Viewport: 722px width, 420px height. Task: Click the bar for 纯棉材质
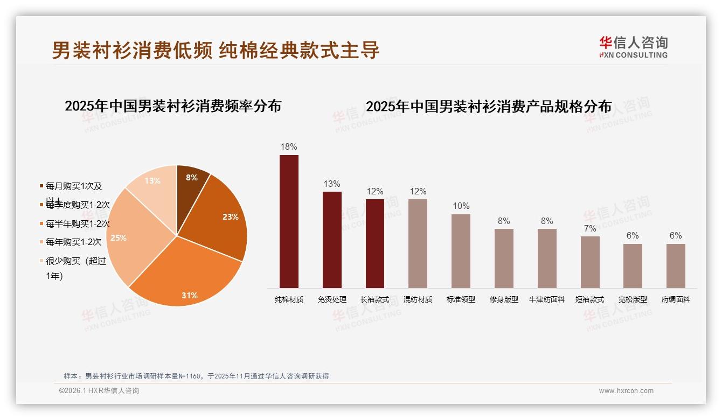289,221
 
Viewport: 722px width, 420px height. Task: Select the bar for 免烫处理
332,240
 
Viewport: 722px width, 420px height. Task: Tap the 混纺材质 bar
418,243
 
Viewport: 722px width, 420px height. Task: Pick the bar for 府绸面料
676,265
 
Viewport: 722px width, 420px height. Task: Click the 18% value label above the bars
289,146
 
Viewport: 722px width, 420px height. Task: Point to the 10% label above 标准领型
461,206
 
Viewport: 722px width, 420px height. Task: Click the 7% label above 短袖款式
590,228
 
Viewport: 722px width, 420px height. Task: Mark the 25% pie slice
127,237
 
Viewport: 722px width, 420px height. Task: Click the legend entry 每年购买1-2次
73,242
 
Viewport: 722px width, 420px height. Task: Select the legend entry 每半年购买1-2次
78,223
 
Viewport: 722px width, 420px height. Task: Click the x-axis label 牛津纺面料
547,299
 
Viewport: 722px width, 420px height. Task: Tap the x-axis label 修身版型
504,299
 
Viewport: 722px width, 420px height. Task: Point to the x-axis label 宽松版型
633,299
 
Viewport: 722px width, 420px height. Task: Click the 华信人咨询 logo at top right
633,47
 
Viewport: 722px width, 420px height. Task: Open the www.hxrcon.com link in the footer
626,391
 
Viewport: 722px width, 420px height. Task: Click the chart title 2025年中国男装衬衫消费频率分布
173,106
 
